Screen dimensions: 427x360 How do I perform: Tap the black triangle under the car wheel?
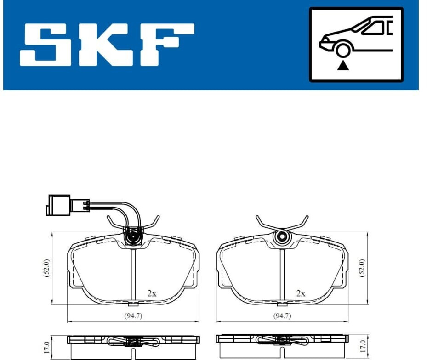[343, 66]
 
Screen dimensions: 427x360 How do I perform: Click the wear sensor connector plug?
[58, 205]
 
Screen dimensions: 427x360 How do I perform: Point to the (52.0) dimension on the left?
[46, 268]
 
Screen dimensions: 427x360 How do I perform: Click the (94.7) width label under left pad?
[133, 316]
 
